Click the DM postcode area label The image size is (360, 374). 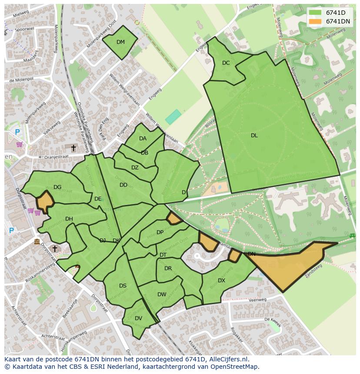pyautogui.click(x=120, y=42)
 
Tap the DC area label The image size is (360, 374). pyautogui.click(x=226, y=63)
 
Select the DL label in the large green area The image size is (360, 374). pyautogui.click(x=254, y=136)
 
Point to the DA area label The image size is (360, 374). pyautogui.click(x=143, y=139)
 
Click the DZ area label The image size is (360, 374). pyautogui.click(x=135, y=168)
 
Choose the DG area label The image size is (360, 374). pyautogui.click(x=57, y=187)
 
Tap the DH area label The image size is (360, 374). pyautogui.click(x=69, y=219)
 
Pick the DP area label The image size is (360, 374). pyautogui.click(x=160, y=232)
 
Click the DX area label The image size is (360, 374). pyautogui.click(x=221, y=281)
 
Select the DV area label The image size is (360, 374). pyautogui.click(x=138, y=318)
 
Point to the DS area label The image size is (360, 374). pyautogui.click(x=123, y=286)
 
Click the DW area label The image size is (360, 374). pyautogui.click(x=162, y=295)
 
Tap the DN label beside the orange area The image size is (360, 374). pyautogui.click(x=251, y=254)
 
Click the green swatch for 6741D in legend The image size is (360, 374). pyautogui.click(x=315, y=13)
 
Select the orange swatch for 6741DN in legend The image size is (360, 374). pyautogui.click(x=315, y=21)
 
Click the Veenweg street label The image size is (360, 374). pyautogui.click(x=257, y=300)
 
